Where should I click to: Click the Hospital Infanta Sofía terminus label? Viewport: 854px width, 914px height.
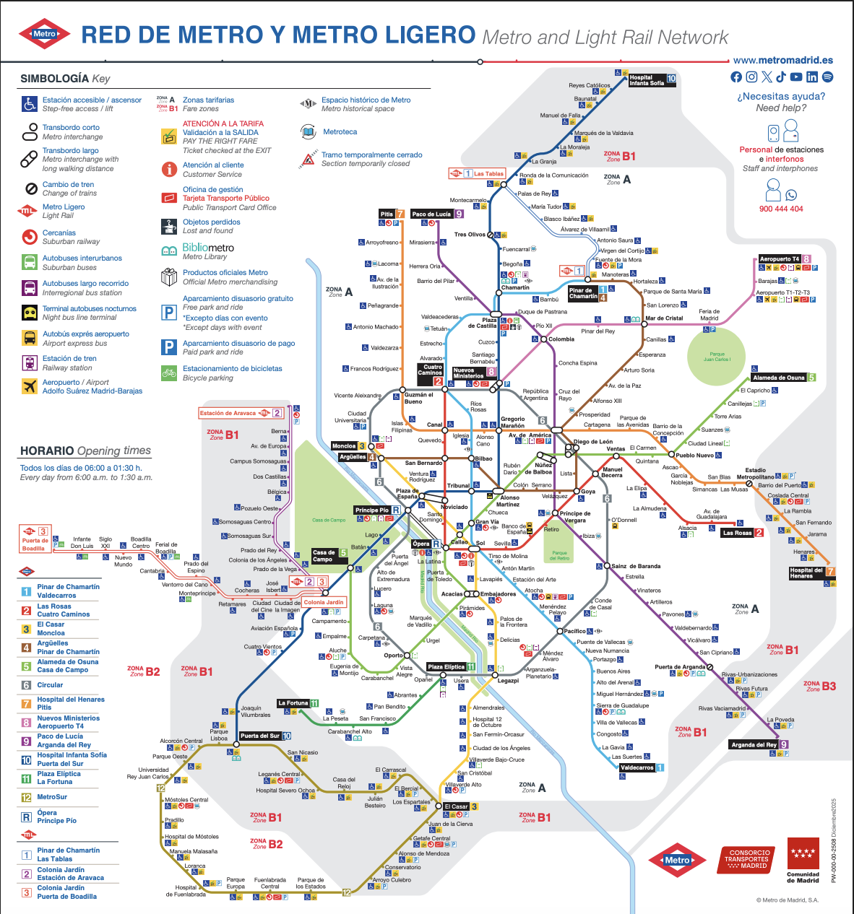(x=647, y=79)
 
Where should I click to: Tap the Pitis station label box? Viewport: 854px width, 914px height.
(x=387, y=214)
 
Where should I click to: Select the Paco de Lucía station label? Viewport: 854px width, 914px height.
(x=431, y=214)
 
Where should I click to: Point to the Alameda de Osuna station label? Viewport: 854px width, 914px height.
(x=780, y=378)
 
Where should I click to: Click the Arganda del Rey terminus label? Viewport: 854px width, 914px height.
(x=754, y=744)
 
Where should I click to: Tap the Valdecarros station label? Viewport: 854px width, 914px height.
(x=637, y=767)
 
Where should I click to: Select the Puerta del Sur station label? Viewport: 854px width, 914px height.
(x=260, y=736)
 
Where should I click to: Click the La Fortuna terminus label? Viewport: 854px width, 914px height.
(x=293, y=702)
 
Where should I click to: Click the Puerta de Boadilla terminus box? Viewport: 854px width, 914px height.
(x=35, y=540)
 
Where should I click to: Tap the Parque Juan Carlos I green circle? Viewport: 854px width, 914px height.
(x=717, y=356)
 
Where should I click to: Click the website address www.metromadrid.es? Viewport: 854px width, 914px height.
(x=783, y=61)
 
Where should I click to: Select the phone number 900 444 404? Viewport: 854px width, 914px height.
(x=781, y=209)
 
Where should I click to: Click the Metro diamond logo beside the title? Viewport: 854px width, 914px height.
(x=45, y=34)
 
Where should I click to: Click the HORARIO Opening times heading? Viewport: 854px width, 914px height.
(x=85, y=451)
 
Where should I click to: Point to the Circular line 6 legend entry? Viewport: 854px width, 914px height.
(x=50, y=685)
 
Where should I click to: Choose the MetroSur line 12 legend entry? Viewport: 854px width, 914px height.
(x=52, y=797)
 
